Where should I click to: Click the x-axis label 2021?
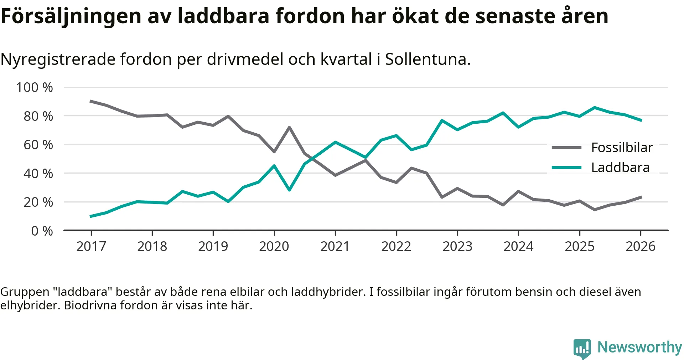(x=335, y=246)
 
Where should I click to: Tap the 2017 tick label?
(x=91, y=246)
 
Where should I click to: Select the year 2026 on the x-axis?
(x=641, y=246)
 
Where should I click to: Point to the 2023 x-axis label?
(x=457, y=246)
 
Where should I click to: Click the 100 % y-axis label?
(x=35, y=87)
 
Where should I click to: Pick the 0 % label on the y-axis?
(x=42, y=231)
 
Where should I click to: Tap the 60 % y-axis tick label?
(x=38, y=145)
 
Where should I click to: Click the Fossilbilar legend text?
(x=622, y=148)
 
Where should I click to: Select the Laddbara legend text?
(x=620, y=168)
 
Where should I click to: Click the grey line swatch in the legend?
(x=566, y=148)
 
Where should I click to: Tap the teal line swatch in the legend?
(x=566, y=168)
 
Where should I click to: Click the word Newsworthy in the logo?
(x=639, y=347)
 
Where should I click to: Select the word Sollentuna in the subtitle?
(x=426, y=59)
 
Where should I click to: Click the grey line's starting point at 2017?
(x=91, y=101)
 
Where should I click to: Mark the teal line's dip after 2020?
(x=289, y=190)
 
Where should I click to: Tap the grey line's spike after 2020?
(x=289, y=127)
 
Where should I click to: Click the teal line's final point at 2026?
(x=641, y=120)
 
